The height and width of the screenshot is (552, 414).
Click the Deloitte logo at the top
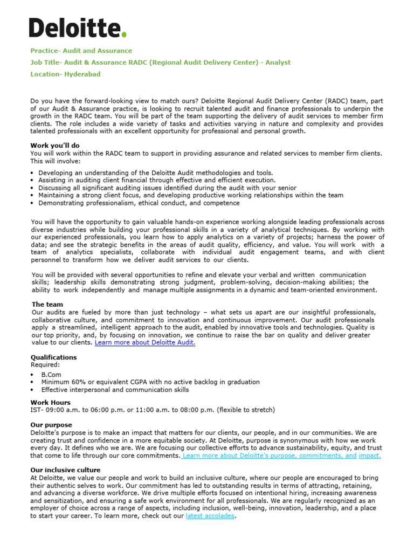(78, 27)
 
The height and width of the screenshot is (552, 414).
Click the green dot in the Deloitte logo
(125, 35)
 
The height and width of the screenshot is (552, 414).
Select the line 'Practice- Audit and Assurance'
(81, 51)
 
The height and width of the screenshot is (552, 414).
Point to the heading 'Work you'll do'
(55, 146)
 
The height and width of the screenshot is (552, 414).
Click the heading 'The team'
(47, 305)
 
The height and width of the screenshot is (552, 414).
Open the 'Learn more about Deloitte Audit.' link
(145, 342)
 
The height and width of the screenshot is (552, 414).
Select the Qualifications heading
(53, 357)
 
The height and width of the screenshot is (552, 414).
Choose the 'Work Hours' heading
(50, 403)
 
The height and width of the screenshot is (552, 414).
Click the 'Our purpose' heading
(51, 425)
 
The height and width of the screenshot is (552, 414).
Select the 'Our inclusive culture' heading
(65, 470)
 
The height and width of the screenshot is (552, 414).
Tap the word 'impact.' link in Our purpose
(369, 456)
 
